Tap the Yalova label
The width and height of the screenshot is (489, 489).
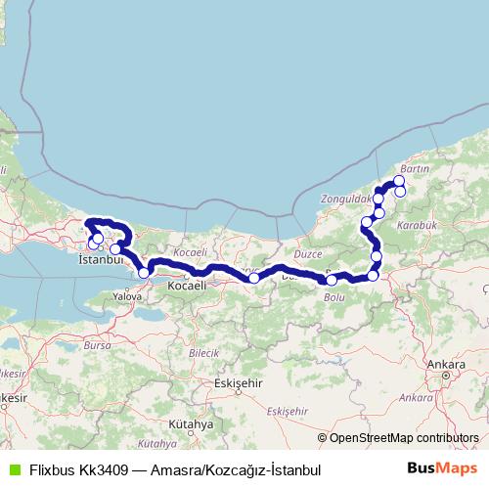(x=128, y=293)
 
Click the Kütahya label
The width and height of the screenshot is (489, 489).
(x=191, y=425)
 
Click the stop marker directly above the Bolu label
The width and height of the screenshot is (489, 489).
(x=332, y=281)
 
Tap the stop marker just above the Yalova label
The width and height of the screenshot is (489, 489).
(x=145, y=273)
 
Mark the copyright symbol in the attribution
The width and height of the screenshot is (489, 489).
(x=323, y=438)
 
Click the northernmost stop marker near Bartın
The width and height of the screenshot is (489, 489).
(x=399, y=181)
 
